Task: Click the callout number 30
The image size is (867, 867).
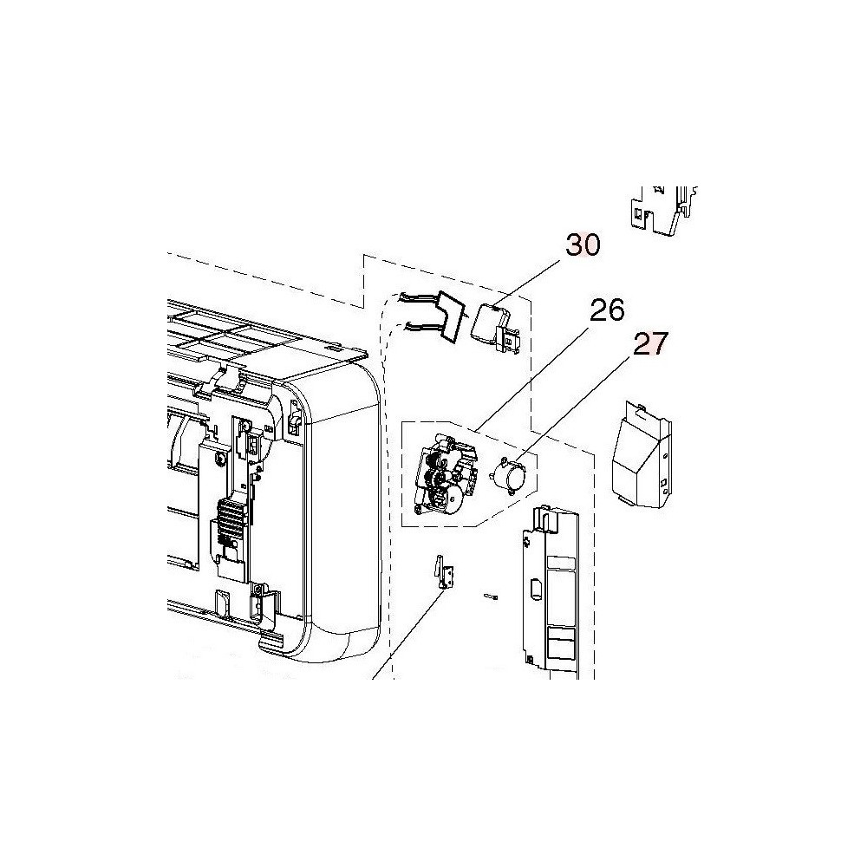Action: (583, 244)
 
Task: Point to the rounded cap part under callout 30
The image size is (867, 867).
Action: (485, 323)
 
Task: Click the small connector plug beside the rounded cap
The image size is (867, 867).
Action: (510, 339)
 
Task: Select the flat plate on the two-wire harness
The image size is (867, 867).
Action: (452, 317)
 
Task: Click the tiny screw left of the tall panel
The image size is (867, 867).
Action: (491, 596)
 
